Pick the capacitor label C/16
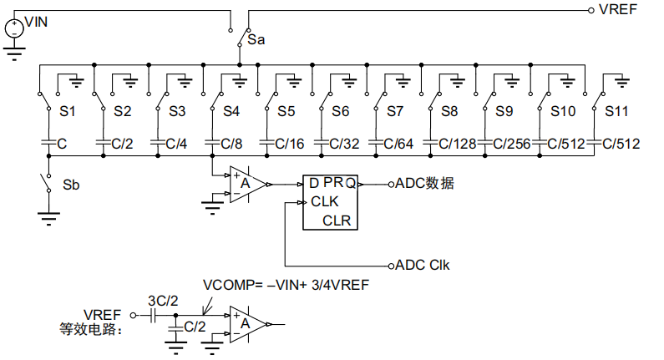tap(283, 144)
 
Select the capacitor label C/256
tap(511, 144)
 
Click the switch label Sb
tap(72, 184)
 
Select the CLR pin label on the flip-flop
tap(337, 221)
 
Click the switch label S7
tap(395, 110)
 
